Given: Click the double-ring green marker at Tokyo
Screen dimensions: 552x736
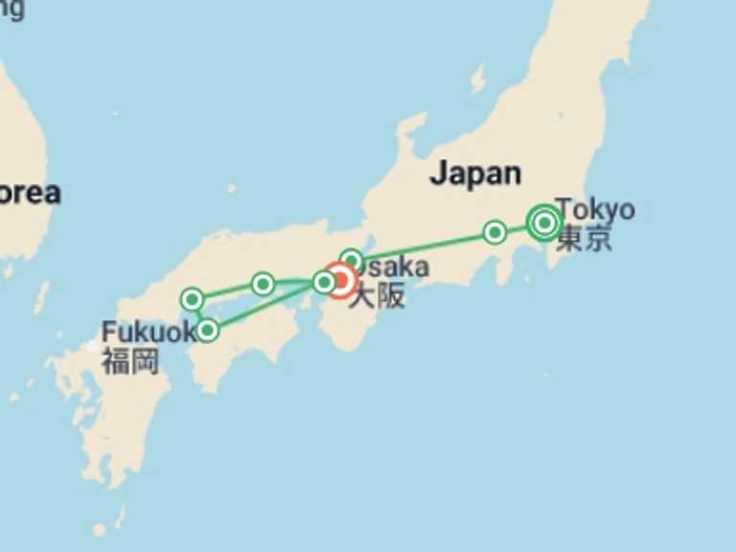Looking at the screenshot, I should point(544,223).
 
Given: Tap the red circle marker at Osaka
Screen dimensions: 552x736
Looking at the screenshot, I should point(341,281).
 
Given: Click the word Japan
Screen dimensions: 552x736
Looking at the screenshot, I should point(475,173).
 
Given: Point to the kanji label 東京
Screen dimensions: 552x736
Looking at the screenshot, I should point(584,238).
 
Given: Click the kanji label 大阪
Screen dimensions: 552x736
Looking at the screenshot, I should point(377,296).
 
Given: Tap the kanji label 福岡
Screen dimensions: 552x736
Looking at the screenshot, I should point(130,361).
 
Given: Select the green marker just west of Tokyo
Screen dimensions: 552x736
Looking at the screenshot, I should point(494,232).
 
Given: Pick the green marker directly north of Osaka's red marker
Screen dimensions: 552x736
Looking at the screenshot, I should point(352,260).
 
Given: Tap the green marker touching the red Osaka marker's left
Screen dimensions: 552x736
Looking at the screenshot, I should point(324,282).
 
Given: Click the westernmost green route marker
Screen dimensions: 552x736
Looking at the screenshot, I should point(192,300).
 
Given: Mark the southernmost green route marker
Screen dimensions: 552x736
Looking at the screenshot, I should point(207,331).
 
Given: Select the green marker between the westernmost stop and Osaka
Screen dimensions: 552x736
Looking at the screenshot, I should point(263,284).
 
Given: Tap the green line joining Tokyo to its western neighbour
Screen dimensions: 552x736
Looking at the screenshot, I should point(518,228).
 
